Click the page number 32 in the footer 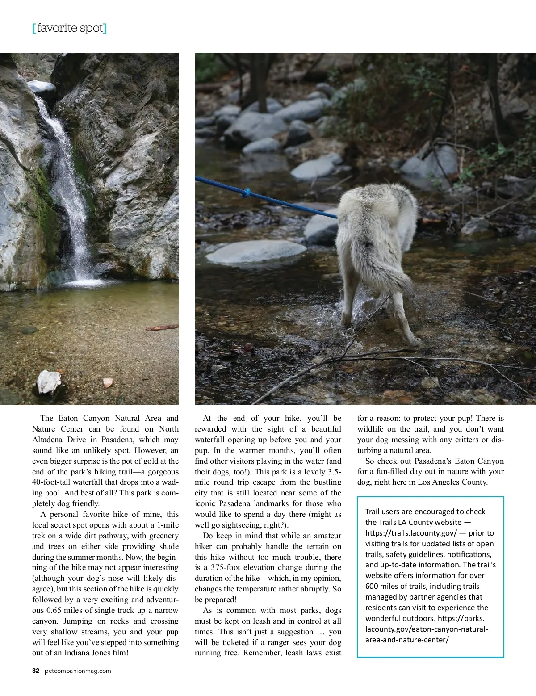(x=36, y=671)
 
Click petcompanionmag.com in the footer (x=78, y=671)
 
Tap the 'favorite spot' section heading (x=70, y=29)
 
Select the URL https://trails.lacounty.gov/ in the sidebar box (x=411, y=533)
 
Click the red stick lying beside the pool (x=162, y=328)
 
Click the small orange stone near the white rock (x=108, y=383)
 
